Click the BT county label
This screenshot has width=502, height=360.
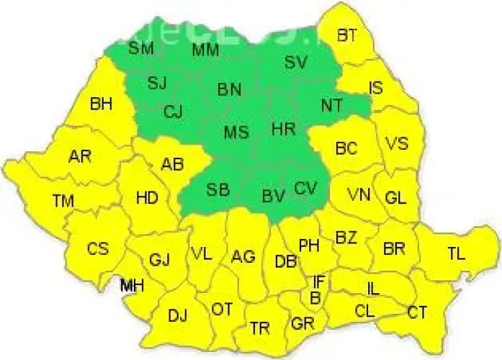tap(347, 35)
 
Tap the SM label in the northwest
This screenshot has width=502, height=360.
tap(141, 48)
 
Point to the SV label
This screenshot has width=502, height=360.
tap(295, 62)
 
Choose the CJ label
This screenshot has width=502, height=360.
tap(173, 112)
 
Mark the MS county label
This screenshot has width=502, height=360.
tap(236, 132)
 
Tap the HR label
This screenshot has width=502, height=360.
tap(284, 129)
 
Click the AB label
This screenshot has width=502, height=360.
tap(172, 164)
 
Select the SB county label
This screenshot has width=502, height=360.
tap(218, 189)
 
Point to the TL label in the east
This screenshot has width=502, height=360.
tap(456, 253)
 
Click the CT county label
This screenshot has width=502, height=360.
tap(417, 312)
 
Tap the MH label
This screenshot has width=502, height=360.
tap(132, 286)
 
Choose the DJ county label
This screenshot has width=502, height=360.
tap(177, 316)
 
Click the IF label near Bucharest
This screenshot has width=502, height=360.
tap(318, 282)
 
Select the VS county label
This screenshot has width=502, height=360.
tap(395, 145)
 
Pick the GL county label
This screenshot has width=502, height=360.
tap(396, 197)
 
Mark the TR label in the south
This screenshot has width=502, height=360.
tap(260, 328)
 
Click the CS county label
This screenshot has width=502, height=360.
tap(98, 248)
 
